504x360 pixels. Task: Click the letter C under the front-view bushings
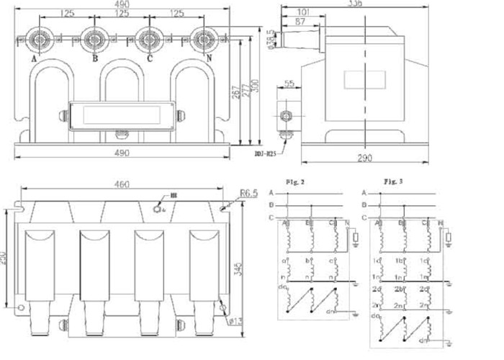pyautogui.click(x=149, y=59)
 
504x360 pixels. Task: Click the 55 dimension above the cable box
pyautogui.click(x=288, y=85)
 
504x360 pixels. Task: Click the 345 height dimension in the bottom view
pyautogui.click(x=248, y=267)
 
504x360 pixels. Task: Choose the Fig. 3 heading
pyautogui.click(x=392, y=179)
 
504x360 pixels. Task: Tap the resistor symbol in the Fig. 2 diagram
pyautogui.click(x=354, y=235)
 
